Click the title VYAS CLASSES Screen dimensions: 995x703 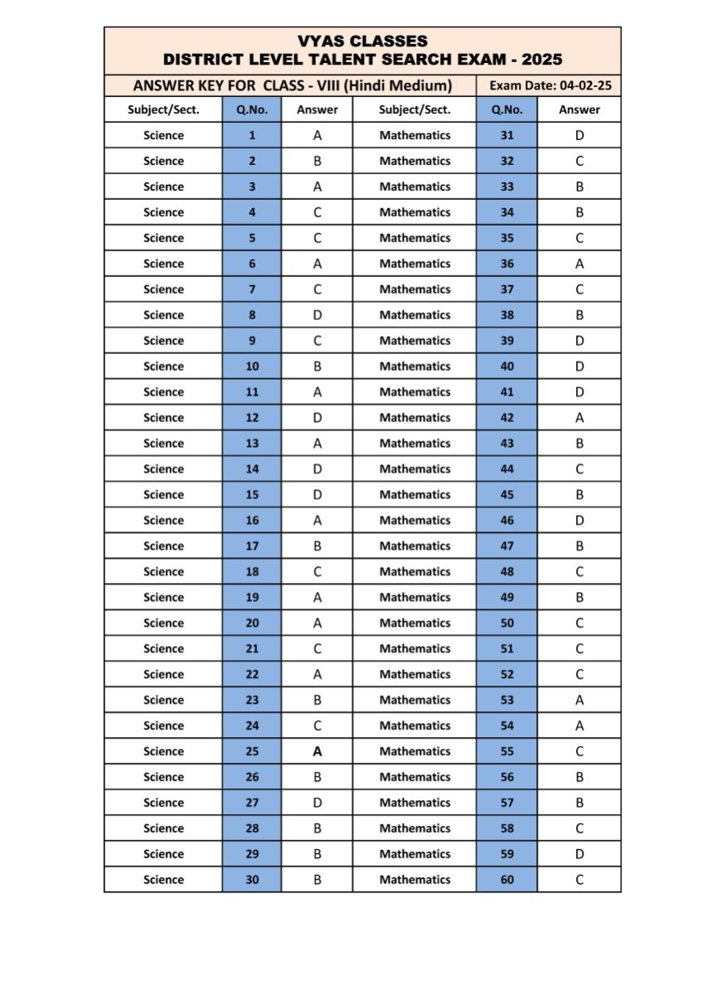click(362, 41)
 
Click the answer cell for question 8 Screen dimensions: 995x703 click(317, 315)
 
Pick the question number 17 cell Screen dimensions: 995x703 click(252, 546)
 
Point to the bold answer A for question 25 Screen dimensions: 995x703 click(317, 751)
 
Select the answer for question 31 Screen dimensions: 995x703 click(579, 135)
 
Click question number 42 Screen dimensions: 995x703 click(507, 418)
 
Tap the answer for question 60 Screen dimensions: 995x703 click(579, 880)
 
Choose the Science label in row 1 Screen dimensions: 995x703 click(163, 135)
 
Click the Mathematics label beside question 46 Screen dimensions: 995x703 click(415, 521)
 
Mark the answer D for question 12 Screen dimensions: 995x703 click(317, 418)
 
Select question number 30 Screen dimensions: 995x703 click(252, 880)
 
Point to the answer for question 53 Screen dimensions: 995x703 click(579, 700)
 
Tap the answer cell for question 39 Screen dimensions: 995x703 click(579, 341)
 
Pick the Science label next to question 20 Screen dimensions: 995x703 click(163, 623)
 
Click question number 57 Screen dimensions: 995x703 click(507, 803)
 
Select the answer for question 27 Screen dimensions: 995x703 click(317, 803)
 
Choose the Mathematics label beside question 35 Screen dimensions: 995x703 click(415, 238)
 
